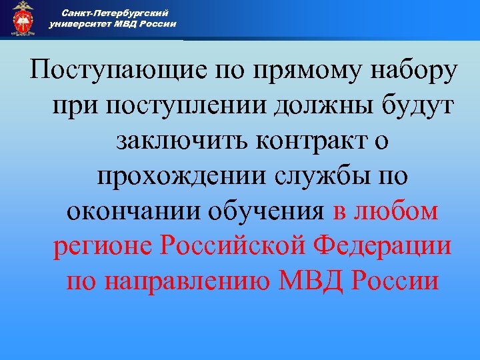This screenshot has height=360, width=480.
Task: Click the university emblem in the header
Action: click(x=23, y=19)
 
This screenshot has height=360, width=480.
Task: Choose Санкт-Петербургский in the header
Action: click(x=113, y=13)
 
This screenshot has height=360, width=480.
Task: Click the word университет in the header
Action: click(x=79, y=24)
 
